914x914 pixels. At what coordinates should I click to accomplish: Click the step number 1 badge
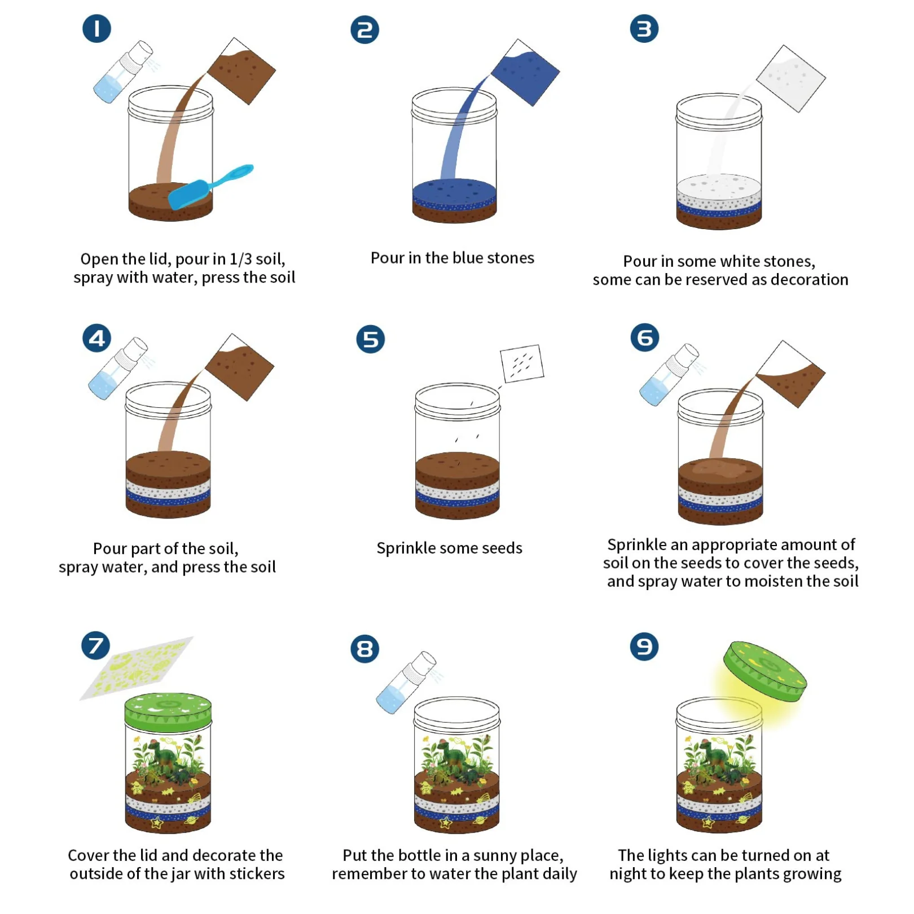(x=96, y=28)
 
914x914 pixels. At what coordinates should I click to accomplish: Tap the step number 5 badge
(x=370, y=339)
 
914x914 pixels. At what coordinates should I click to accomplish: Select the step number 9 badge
(x=644, y=647)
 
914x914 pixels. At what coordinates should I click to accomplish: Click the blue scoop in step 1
(x=210, y=187)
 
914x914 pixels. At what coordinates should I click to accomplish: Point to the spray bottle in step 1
(x=122, y=72)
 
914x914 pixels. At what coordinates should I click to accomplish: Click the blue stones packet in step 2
(x=525, y=72)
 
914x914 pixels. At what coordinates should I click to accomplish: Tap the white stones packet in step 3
(x=790, y=78)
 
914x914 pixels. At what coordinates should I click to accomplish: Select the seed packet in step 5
(x=522, y=363)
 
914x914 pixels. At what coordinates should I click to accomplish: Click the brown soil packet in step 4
(x=239, y=367)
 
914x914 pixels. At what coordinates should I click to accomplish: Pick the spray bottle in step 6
(x=669, y=375)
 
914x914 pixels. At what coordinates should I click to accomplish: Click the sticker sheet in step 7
(x=136, y=668)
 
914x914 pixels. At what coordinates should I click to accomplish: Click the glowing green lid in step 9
(x=765, y=671)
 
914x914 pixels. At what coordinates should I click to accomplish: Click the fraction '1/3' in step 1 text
(x=241, y=260)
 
